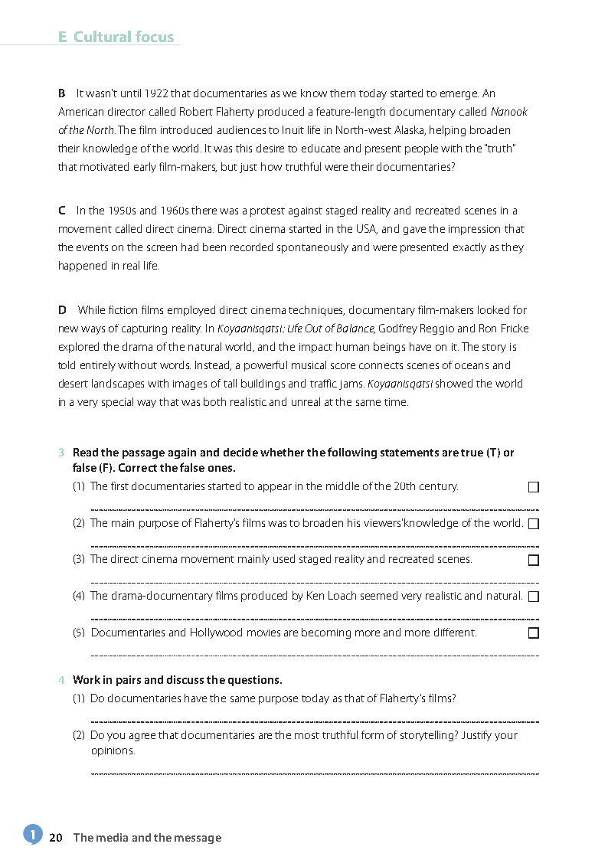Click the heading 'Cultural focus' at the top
(x=123, y=37)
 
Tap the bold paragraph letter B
(x=62, y=94)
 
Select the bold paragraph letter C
(x=62, y=211)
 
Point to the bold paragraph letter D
(x=62, y=310)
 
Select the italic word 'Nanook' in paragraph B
(x=509, y=113)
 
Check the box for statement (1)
(x=534, y=487)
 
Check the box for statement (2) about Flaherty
(x=534, y=524)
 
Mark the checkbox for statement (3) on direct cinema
(x=534, y=560)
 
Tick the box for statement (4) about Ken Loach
(x=534, y=596)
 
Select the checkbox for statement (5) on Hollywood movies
(x=534, y=633)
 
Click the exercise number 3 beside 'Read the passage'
(x=61, y=453)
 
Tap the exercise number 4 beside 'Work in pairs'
(x=61, y=680)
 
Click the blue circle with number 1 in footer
(x=32, y=834)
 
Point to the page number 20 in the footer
(x=55, y=838)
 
